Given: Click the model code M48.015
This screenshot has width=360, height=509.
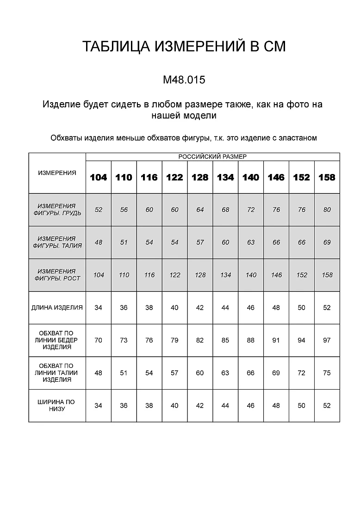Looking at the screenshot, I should click(184, 80).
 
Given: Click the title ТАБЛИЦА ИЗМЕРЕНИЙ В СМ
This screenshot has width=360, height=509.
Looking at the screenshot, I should click(184, 46).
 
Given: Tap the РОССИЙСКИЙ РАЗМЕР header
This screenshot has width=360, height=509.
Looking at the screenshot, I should click(213, 156).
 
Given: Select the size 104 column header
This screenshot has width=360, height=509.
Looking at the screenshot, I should click(99, 177).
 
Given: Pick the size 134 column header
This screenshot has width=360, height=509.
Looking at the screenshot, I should click(225, 177).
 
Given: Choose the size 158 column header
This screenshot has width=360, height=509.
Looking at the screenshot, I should click(327, 177).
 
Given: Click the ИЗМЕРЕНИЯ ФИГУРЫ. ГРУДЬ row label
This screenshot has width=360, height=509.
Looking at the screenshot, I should click(57, 210).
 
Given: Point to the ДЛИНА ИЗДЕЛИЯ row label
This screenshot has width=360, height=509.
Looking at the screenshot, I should click(57, 308).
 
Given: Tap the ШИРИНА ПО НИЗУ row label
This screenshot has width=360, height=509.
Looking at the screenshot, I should click(57, 405).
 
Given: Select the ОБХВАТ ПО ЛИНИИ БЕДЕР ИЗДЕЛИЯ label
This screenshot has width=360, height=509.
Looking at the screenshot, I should click(57, 340).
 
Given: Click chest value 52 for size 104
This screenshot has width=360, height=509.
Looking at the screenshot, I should click(99, 210).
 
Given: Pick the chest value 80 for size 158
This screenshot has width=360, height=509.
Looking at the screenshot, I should click(327, 210).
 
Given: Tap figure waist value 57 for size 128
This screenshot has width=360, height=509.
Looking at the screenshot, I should click(200, 242).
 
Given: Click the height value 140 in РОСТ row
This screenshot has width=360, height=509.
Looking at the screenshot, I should click(251, 275).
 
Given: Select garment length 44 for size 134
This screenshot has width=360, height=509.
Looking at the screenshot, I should click(225, 308).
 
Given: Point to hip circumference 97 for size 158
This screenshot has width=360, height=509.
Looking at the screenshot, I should click(327, 340).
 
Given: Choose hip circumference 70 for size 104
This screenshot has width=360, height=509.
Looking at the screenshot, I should click(99, 340).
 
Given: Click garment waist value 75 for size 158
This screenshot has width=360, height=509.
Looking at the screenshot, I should click(327, 373).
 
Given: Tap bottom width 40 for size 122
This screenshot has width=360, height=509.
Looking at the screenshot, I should click(174, 405).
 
